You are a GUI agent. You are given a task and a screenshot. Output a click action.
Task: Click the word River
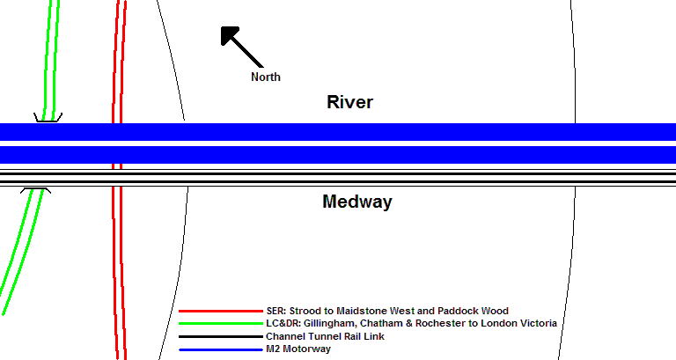click(x=349, y=102)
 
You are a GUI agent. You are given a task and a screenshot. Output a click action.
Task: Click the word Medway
click(x=357, y=202)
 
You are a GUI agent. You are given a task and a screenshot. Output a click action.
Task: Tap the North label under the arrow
click(x=266, y=77)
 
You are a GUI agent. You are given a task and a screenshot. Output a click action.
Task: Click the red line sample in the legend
click(x=221, y=311)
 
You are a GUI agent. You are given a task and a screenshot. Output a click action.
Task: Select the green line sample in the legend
click(x=221, y=323)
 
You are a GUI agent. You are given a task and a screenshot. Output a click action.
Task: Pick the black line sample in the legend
click(x=221, y=337)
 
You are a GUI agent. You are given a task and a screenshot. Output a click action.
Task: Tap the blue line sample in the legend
click(x=221, y=349)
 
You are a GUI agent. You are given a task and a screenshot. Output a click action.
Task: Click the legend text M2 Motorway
click(x=298, y=349)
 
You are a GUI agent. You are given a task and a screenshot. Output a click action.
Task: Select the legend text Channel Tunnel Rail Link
click(x=325, y=336)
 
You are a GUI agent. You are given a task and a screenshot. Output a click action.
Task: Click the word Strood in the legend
click(x=303, y=311)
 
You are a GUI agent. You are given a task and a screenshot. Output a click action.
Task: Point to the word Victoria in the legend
click(x=540, y=323)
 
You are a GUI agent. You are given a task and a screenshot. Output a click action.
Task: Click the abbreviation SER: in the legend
click(x=276, y=311)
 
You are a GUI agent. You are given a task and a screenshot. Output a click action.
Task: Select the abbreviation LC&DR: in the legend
click(x=283, y=323)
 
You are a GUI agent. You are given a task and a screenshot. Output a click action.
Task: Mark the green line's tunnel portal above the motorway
click(x=48, y=117)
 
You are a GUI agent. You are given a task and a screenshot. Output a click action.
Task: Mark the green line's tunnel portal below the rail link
click(x=36, y=191)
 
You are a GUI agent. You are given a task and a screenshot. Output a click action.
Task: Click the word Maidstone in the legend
click(x=362, y=311)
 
